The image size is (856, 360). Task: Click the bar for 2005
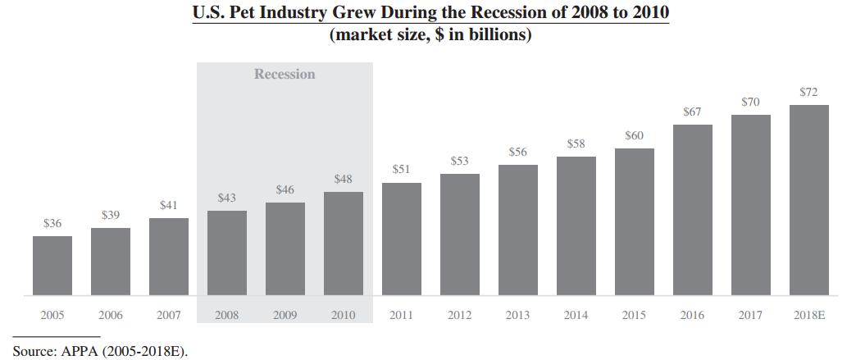[52, 266]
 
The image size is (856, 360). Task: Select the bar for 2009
[285, 248]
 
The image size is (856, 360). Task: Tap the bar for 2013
[518, 230]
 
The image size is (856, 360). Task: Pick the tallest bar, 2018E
[809, 199]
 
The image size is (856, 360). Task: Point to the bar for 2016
[693, 209]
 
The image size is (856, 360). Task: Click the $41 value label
[169, 205]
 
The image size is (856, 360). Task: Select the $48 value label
[344, 179]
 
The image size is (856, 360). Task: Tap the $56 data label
[518, 152]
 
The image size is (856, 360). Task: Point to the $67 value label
[693, 112]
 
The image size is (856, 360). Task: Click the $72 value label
[809, 92]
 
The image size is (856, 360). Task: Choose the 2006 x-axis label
[111, 315]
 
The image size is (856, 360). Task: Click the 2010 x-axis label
[344, 315]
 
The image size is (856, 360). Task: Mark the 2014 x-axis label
[576, 315]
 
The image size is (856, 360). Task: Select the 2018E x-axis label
[809, 315]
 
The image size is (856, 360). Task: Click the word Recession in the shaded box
[285, 74]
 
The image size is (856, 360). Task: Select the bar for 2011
[402, 239]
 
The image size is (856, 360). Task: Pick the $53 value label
[460, 161]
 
